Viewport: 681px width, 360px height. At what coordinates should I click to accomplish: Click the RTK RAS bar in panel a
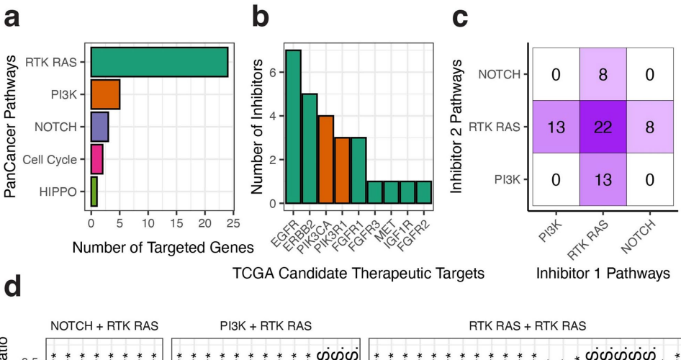(159, 62)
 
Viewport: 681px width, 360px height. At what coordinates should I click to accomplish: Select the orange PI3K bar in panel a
(105, 94)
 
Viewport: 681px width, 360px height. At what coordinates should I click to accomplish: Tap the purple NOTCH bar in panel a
(99, 127)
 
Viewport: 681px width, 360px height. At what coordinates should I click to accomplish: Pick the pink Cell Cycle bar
(96, 159)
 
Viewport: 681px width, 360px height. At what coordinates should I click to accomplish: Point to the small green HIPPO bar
(94, 192)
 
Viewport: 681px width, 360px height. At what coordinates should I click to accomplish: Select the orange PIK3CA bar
(326, 159)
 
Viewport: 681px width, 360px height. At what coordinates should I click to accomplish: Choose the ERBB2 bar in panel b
(310, 148)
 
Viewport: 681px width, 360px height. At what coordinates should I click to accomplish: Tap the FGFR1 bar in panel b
(359, 170)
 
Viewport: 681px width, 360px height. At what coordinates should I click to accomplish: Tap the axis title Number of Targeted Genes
(163, 248)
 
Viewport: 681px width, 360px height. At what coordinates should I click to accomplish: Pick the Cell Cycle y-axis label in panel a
(50, 159)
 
